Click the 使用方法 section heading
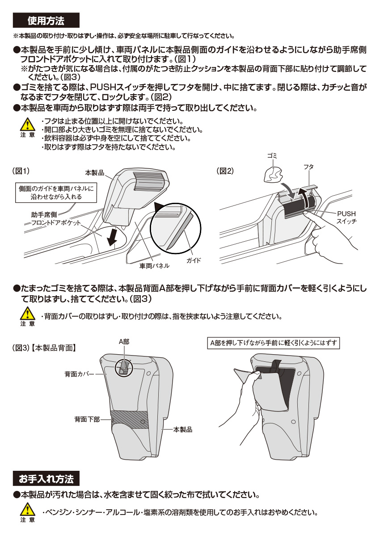[46, 21]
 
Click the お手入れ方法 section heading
[46, 479]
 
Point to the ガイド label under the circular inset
[193, 260]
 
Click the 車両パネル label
[154, 265]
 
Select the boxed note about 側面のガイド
[56, 193]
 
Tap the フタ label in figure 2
[308, 166]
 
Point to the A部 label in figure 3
[124, 341]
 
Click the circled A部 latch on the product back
[124, 367]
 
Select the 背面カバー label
[79, 373]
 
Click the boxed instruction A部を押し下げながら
[274, 343]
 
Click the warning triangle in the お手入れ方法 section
[27, 509]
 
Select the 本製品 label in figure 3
[182, 429]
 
